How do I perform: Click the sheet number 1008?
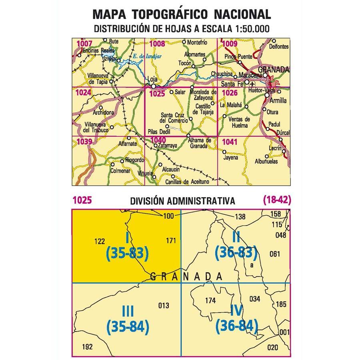157,44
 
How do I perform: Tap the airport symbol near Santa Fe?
252,84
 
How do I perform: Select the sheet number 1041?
229,142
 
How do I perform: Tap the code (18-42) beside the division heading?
276,200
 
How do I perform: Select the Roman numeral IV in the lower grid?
236,309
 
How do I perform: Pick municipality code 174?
210,300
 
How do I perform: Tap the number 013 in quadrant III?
164,306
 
